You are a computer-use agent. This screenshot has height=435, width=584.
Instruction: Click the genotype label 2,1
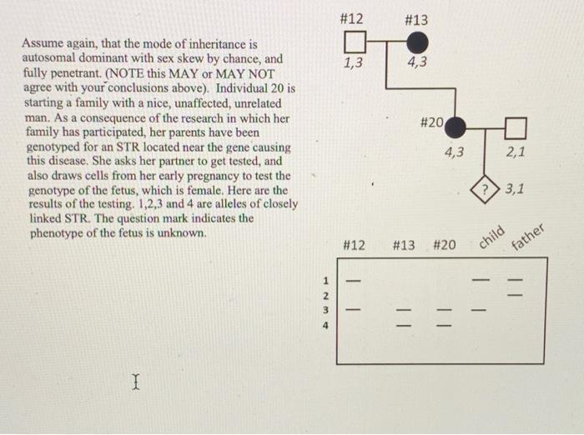coord(516,152)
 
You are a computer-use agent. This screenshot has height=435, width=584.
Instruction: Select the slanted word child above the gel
coord(492,237)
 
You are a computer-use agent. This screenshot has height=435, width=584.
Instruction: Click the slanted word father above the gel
coord(527,238)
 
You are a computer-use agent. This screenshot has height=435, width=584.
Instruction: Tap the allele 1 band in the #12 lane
coord(354,280)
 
